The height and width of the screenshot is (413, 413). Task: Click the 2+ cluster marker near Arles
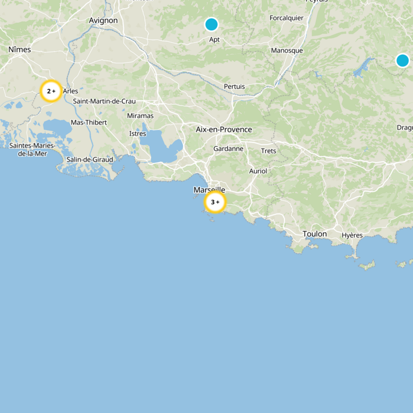coord(51,91)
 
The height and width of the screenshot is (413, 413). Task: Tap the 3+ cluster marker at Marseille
coord(215,202)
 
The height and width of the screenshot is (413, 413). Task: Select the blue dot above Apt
coord(211,24)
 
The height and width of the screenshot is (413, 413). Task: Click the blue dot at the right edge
coord(403,60)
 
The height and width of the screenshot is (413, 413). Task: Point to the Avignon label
coord(103,21)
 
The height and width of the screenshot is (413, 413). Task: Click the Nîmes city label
coord(20,50)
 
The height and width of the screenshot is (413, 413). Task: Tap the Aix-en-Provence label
coord(224,130)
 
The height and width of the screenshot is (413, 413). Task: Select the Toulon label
coord(314,234)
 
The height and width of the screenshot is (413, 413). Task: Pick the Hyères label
coord(352,235)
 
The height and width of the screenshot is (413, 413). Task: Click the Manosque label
coord(287,51)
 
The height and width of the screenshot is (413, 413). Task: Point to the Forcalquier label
coord(287,18)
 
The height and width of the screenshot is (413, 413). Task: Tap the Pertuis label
coord(234,86)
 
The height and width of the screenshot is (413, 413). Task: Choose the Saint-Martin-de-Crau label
coord(104,101)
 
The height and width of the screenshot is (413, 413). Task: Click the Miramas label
coord(140,116)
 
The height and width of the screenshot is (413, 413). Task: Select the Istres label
coord(137,134)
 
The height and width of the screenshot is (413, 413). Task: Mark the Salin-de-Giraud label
coord(89,160)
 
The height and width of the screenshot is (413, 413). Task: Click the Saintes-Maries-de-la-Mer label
coord(32,149)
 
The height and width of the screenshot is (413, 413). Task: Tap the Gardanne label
coord(228,149)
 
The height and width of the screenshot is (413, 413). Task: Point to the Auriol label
coord(258,171)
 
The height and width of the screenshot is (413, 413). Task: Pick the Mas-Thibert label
coord(89,122)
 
